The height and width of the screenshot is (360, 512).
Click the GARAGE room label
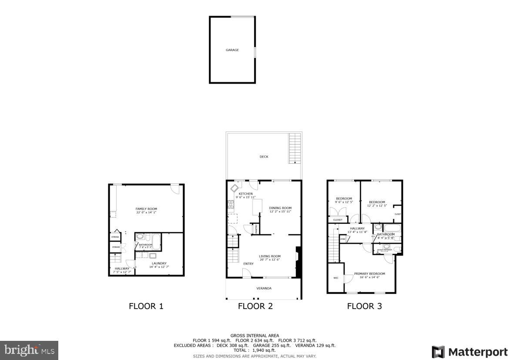click(232, 50)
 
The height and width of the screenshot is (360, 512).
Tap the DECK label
click(264, 157)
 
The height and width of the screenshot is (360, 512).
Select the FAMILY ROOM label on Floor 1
click(146, 209)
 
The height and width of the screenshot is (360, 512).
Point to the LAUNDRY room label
click(159, 263)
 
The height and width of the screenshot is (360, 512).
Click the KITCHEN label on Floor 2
click(245, 194)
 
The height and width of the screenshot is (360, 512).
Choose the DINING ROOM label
click(280, 208)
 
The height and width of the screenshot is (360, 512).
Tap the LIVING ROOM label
click(270, 256)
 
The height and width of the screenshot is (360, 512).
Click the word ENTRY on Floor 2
click(248, 264)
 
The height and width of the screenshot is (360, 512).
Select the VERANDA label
click(264, 288)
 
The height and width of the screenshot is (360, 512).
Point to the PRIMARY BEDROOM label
click(367, 274)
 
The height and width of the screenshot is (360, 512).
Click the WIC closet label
click(336, 277)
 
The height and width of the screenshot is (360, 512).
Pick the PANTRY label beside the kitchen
click(256, 229)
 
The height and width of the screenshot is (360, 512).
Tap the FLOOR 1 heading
click(146, 306)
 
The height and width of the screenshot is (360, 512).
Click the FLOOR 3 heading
click(364, 306)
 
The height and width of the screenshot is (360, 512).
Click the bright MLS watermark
click(29, 350)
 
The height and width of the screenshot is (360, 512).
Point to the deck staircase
click(295, 148)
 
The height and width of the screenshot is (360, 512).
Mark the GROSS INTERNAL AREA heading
click(255, 335)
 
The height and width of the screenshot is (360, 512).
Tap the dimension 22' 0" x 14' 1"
click(146, 213)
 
